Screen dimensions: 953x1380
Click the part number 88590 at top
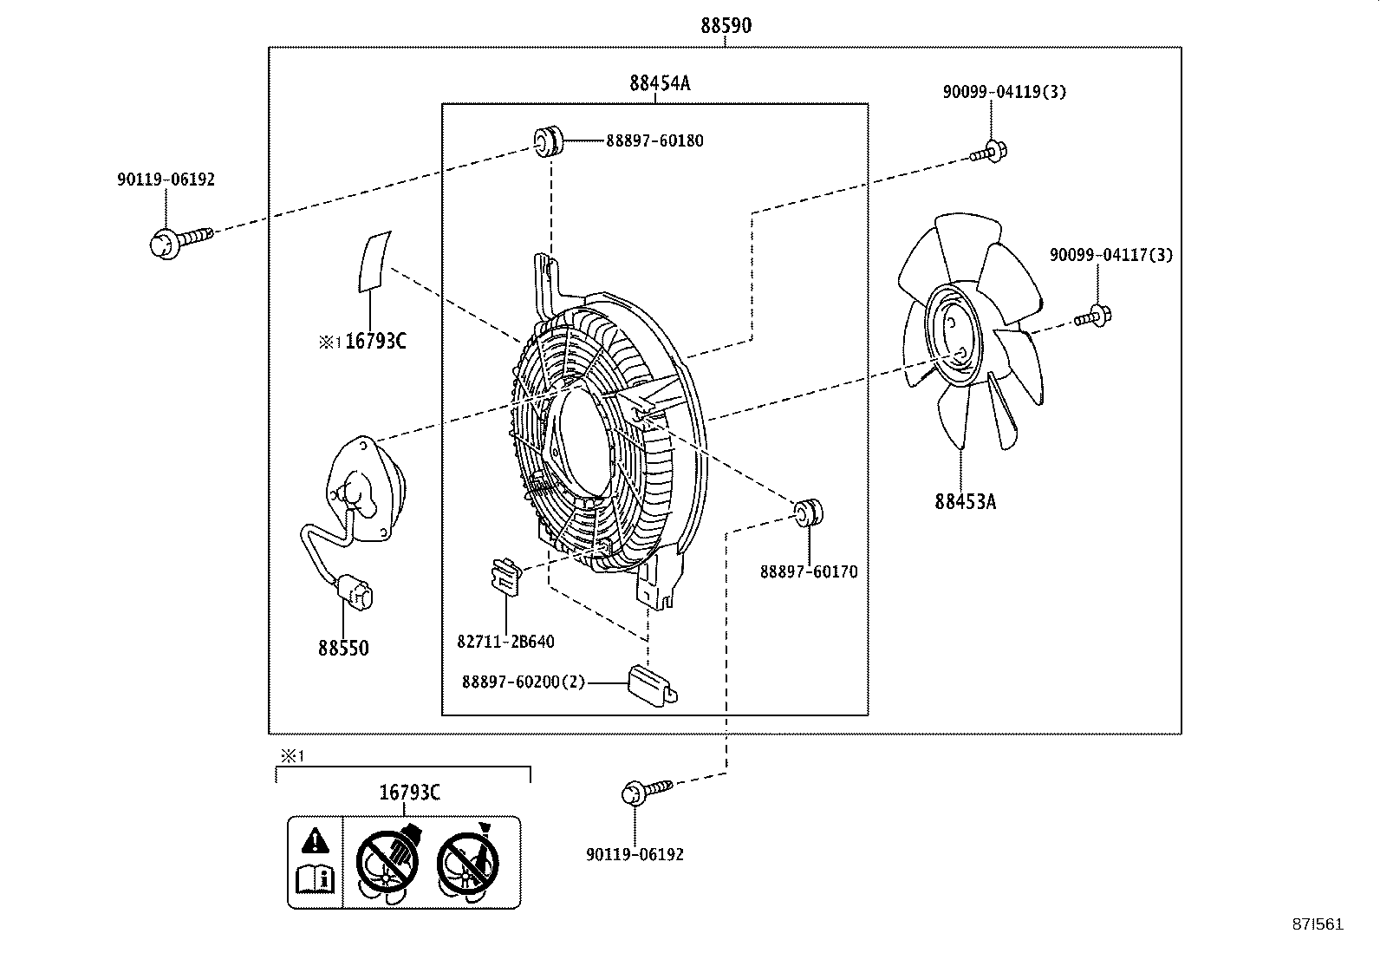(726, 26)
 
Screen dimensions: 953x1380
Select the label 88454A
(660, 83)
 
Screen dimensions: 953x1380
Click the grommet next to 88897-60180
(548, 141)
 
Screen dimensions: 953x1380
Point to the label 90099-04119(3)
(1004, 91)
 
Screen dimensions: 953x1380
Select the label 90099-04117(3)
(1110, 255)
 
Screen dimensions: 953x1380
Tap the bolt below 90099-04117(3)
(1094, 317)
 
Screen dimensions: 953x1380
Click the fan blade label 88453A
(965, 501)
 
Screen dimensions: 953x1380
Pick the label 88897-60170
(809, 571)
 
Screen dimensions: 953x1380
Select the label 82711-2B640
(505, 642)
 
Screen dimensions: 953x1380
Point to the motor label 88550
(343, 648)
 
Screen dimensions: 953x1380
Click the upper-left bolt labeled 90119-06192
(166, 242)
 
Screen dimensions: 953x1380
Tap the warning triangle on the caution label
(316, 839)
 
